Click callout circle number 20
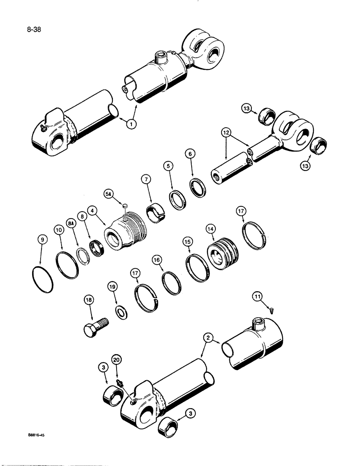point(116,359)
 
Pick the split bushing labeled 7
point(157,212)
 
